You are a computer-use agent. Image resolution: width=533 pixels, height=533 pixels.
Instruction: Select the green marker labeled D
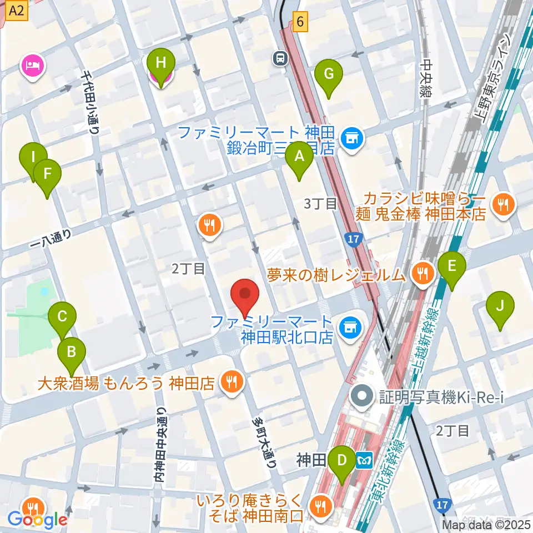pyautogui.click(x=342, y=461)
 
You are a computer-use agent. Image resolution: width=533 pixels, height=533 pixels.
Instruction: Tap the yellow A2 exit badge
pyautogui.click(x=18, y=10)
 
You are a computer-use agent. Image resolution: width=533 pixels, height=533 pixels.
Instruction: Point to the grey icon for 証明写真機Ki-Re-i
pyautogui.click(x=364, y=396)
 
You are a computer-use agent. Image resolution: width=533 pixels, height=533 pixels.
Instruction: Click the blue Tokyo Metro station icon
pyautogui.click(x=364, y=460)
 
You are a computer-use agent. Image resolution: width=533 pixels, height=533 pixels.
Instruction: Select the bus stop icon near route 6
pyautogui.click(x=279, y=57)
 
